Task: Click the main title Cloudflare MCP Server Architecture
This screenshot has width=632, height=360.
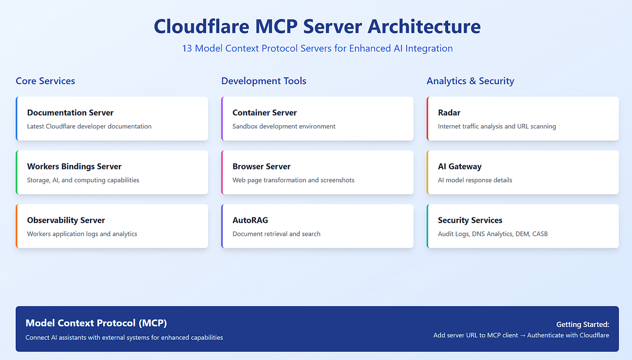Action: (x=317, y=26)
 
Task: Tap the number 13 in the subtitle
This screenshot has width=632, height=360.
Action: (x=187, y=48)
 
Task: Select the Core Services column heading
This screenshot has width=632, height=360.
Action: (x=45, y=81)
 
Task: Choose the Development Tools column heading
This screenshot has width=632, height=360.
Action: (x=263, y=81)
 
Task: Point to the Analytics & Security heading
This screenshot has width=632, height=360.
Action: (x=470, y=81)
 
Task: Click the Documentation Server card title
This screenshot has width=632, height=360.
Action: (x=70, y=113)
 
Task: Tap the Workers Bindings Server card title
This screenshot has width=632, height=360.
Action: (x=74, y=166)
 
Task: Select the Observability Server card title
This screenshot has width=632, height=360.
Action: (x=66, y=220)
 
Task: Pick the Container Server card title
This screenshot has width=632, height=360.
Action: (x=264, y=113)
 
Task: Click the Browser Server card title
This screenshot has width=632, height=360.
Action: (x=261, y=166)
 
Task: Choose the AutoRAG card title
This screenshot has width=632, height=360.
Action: (x=250, y=220)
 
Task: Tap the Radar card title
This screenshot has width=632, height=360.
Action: (x=449, y=113)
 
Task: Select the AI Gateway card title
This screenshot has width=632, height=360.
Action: (x=459, y=166)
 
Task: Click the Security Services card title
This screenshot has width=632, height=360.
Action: (x=470, y=220)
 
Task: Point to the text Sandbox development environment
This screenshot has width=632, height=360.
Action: (x=284, y=126)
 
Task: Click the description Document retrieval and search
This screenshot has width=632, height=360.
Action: (x=276, y=234)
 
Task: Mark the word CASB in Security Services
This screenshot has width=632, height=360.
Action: (x=539, y=234)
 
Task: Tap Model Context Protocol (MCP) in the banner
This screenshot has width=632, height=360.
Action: (x=96, y=323)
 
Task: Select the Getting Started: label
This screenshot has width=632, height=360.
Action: (x=582, y=325)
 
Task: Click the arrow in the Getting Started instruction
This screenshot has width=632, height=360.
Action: (x=521, y=335)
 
